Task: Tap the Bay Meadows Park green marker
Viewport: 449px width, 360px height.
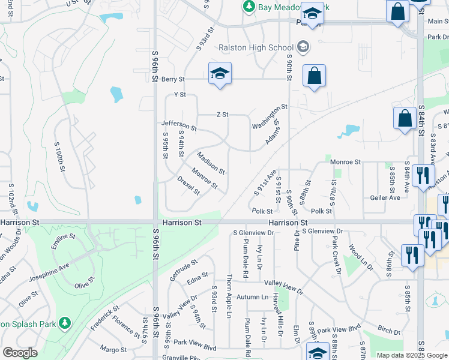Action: pos(248,7)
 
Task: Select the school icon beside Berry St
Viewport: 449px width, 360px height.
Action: pos(220,74)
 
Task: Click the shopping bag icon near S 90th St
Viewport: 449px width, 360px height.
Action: pos(314,76)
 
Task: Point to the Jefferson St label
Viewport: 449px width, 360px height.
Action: pos(179,125)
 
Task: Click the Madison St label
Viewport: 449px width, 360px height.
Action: pos(211,163)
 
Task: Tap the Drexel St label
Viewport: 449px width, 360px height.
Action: pos(188,185)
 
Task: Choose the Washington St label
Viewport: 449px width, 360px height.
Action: pos(270,117)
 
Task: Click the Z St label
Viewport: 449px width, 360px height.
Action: pos(222,115)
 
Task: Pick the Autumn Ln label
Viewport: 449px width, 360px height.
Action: pos(252,297)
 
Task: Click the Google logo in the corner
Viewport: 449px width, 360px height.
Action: pos(20,353)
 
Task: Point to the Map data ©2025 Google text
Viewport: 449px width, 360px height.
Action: pos(412,355)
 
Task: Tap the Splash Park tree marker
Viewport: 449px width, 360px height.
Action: pos(65,324)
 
